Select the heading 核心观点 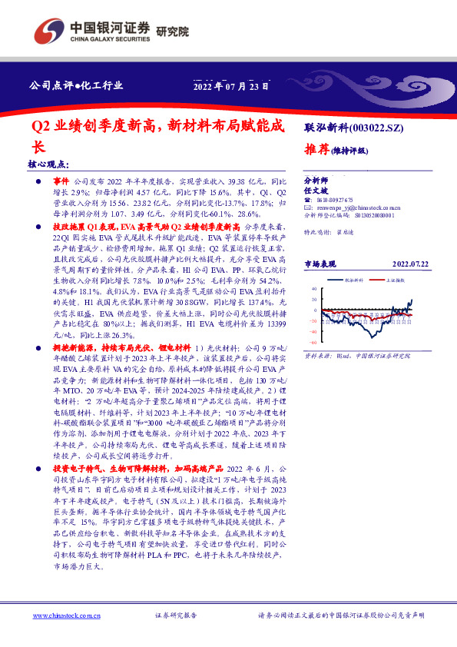click(48, 164)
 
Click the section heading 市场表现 click(323, 263)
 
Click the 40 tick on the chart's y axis click(313, 289)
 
